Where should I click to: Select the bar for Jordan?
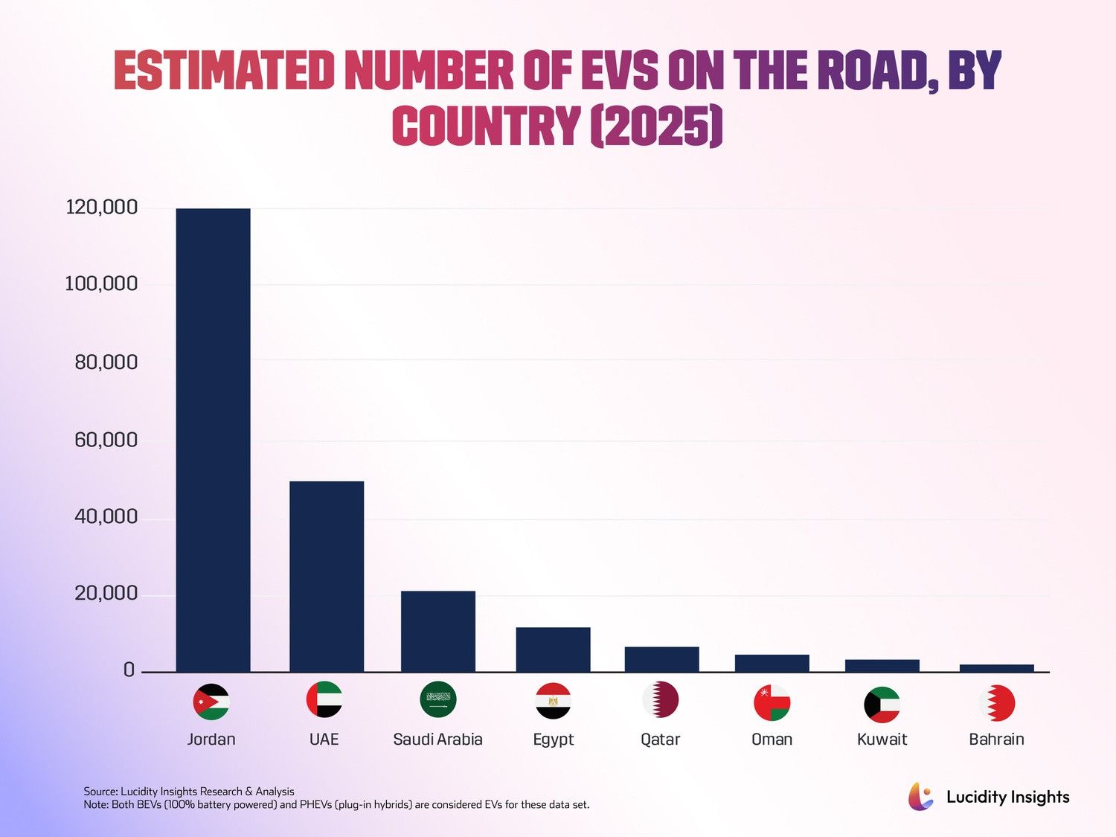[x=213, y=440]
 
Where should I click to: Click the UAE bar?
[x=327, y=577]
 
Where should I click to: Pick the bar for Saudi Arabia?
[x=438, y=632]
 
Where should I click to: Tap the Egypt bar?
[x=554, y=650]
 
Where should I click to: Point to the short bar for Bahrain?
[x=996, y=668]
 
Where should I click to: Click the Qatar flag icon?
[x=661, y=699]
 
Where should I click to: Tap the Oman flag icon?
[x=772, y=702]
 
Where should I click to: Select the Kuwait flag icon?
[x=882, y=705]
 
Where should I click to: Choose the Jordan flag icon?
[x=211, y=702]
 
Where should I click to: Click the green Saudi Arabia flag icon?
[x=438, y=699]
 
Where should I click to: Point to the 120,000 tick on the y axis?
[x=102, y=208]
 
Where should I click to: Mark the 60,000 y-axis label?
[x=106, y=440]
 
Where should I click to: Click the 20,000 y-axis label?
[x=106, y=593]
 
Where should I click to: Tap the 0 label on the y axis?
[x=129, y=670]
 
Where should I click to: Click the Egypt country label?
[x=554, y=740]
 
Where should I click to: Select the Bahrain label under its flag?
[x=996, y=739]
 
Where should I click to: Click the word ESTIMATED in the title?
[x=224, y=71]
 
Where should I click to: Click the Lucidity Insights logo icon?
[x=921, y=796]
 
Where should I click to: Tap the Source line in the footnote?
[x=189, y=792]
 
